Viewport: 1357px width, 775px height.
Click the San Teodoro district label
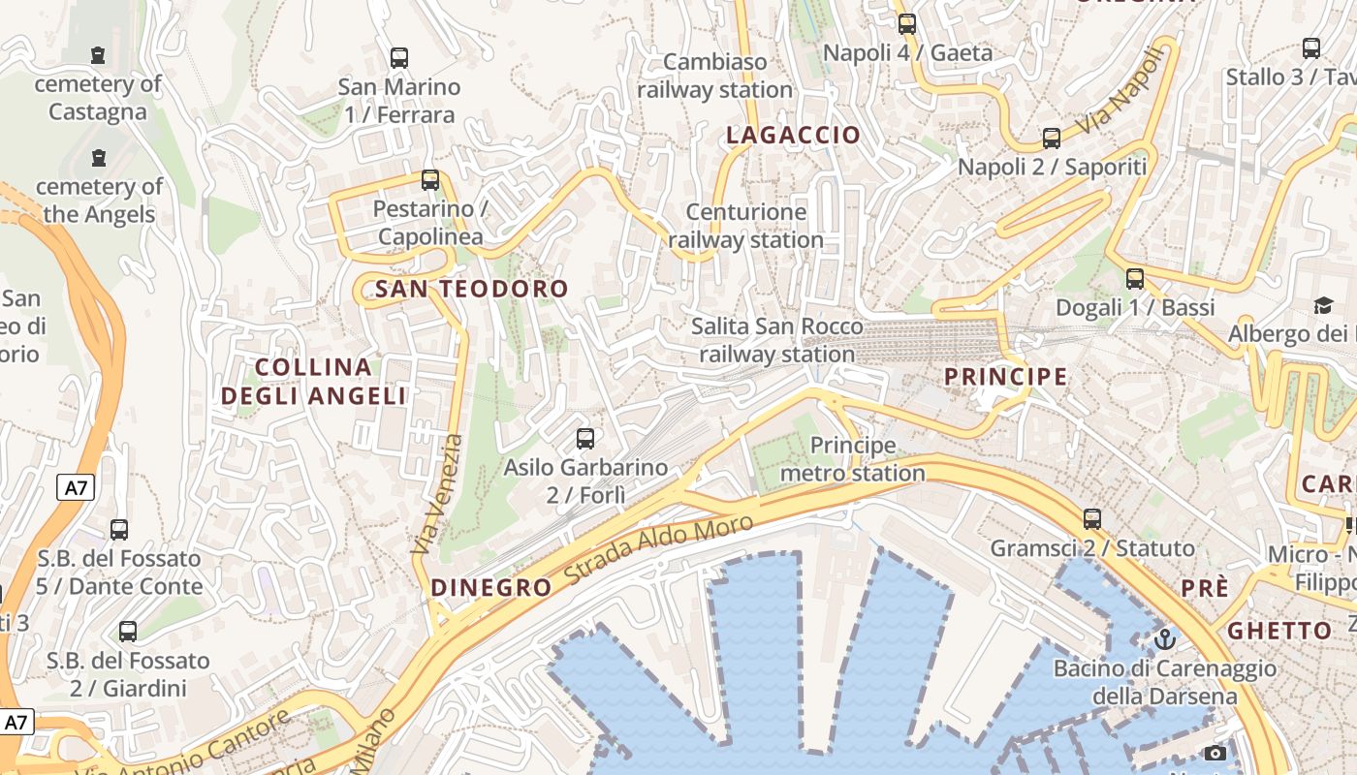click(471, 289)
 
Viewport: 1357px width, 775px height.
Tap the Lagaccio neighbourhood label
click(793, 136)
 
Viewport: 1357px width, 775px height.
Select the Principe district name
click(1005, 377)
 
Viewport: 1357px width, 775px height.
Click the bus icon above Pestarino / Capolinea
click(430, 180)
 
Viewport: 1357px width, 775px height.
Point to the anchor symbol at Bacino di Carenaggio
click(1164, 639)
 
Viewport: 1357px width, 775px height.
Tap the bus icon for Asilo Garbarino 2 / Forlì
click(585, 438)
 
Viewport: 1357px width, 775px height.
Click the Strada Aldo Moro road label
click(658, 549)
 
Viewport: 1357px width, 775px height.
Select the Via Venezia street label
click(438, 494)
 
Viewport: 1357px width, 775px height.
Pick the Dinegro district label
click(490, 588)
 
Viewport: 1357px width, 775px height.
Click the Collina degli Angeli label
click(313, 382)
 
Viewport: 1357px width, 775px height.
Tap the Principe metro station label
click(853, 459)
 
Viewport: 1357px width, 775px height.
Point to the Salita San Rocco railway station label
click(776, 340)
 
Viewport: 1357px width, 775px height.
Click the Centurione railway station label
click(745, 226)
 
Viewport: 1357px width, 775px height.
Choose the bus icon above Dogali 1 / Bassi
click(1134, 279)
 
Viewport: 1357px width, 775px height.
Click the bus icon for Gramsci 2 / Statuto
click(1092, 518)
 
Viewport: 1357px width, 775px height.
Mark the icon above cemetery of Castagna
click(98, 55)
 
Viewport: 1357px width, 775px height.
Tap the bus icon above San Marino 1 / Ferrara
click(399, 57)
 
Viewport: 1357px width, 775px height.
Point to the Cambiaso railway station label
click(715, 76)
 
